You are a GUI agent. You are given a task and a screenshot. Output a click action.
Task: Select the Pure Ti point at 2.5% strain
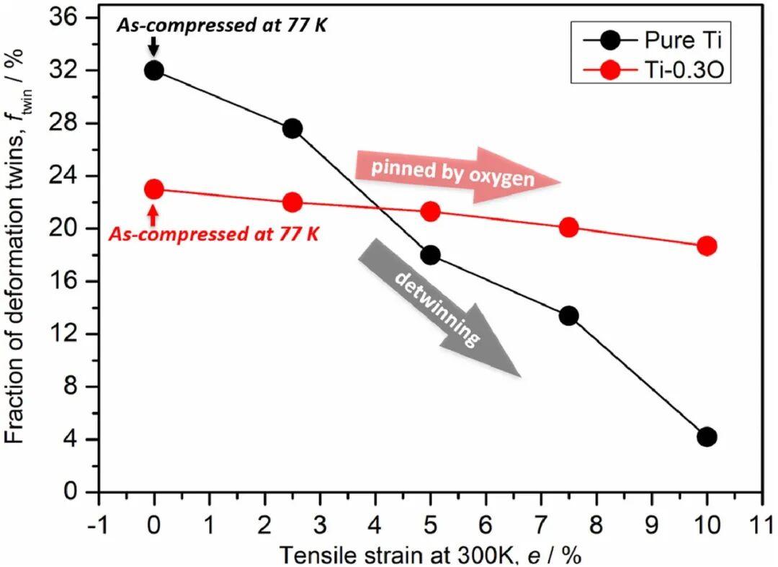pos(292,129)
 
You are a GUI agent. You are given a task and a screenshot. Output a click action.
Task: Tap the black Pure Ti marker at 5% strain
pos(431,256)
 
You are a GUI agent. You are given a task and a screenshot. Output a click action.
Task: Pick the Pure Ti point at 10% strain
pos(707,437)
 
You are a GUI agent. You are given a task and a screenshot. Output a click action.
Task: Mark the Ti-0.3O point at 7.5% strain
pos(569,228)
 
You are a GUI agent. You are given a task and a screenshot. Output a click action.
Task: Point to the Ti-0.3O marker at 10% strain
pos(707,246)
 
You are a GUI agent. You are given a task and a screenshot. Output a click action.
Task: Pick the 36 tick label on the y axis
pos(73,18)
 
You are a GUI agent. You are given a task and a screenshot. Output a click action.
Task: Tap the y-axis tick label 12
pos(73,334)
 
